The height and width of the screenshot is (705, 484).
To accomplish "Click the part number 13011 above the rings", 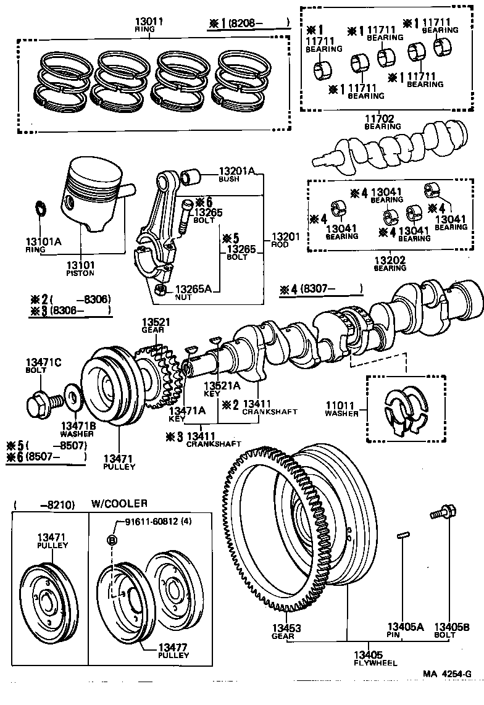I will (x=149, y=21).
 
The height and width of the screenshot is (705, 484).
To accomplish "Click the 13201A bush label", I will (x=236, y=171).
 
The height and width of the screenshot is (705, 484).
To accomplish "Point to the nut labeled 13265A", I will (x=161, y=289).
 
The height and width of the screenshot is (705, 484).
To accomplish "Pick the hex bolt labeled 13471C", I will (x=40, y=405).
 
